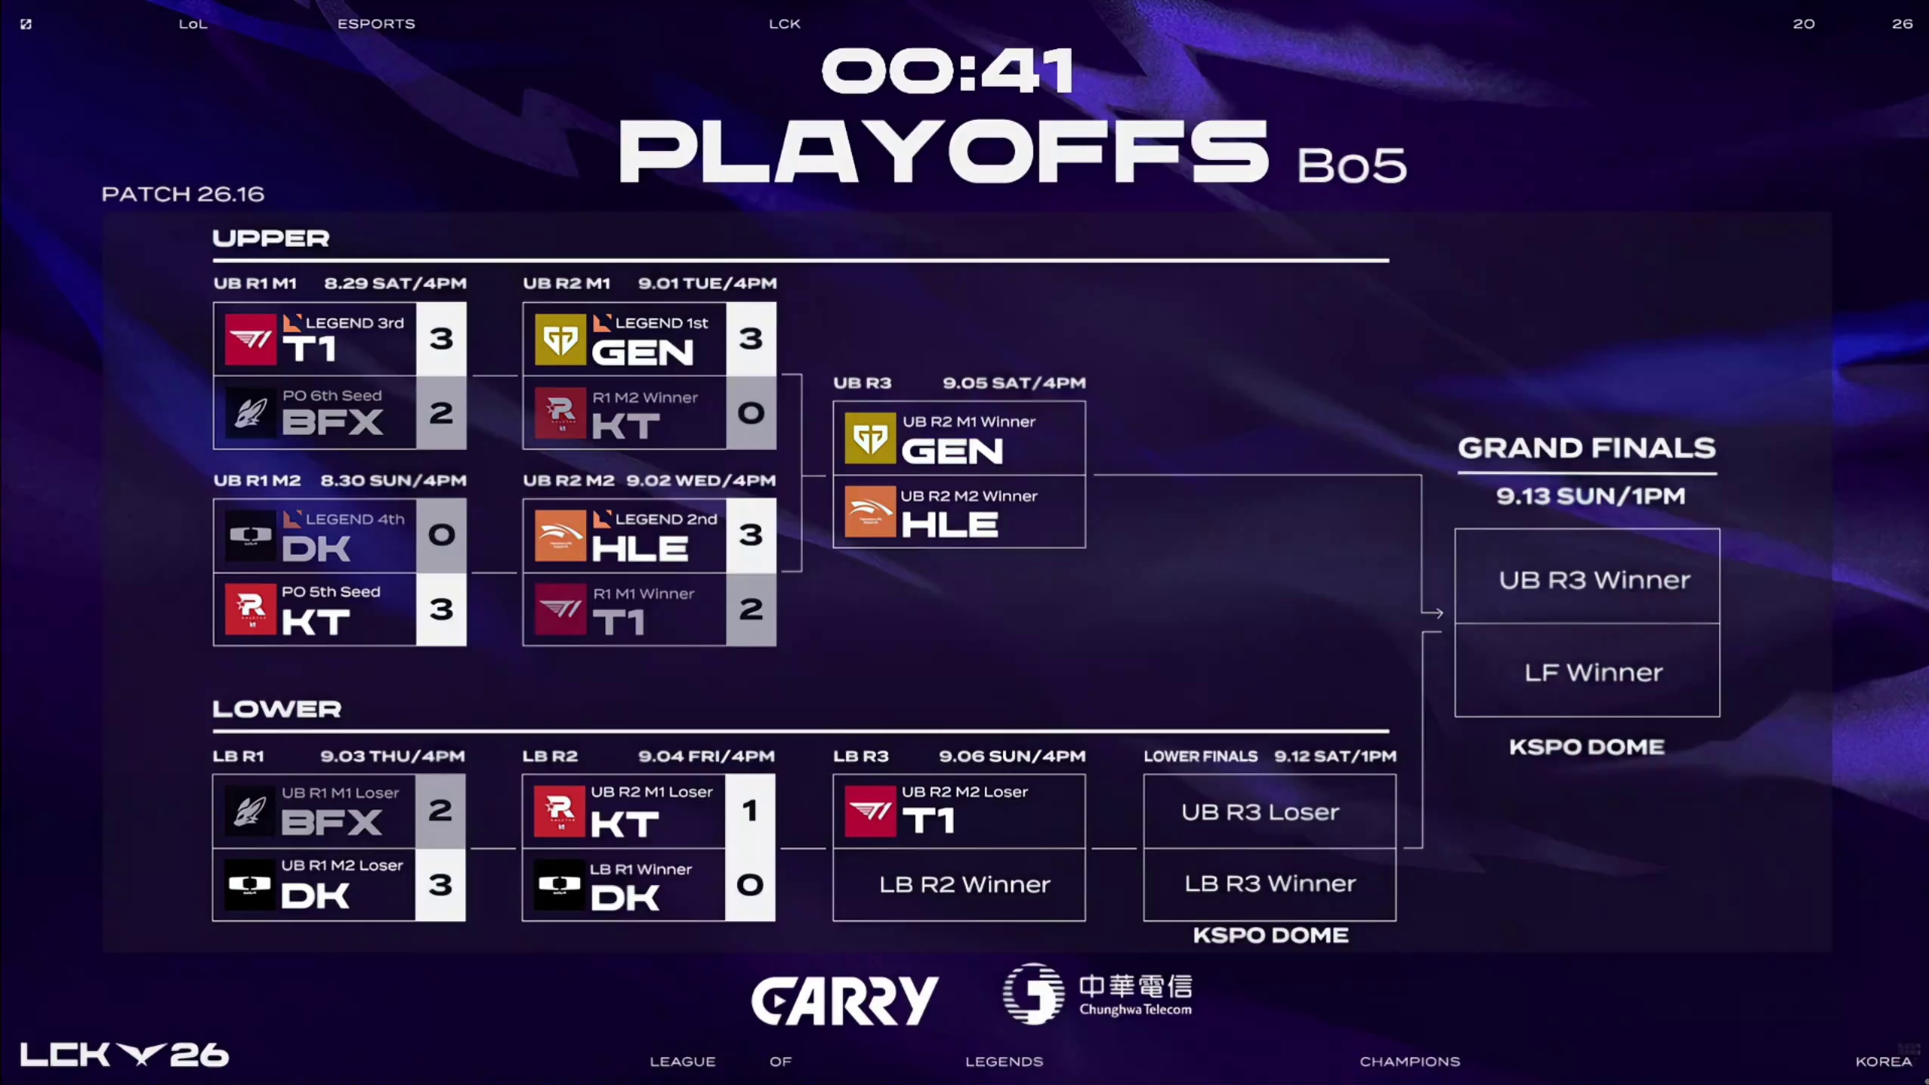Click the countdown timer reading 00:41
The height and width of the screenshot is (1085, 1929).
click(948, 71)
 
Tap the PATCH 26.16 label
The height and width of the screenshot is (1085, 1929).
click(183, 194)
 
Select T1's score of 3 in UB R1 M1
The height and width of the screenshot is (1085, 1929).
click(441, 339)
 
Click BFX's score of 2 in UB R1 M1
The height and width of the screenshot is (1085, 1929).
click(441, 413)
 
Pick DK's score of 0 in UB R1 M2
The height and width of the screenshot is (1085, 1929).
click(441, 535)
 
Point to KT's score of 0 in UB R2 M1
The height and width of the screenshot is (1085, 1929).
click(751, 413)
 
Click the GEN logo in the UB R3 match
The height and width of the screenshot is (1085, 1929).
click(870, 438)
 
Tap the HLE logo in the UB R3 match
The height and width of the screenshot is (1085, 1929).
click(870, 512)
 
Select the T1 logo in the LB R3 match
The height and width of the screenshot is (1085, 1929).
click(870, 812)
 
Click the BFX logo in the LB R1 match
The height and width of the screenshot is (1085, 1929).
click(250, 812)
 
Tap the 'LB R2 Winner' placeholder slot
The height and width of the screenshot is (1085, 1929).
click(964, 884)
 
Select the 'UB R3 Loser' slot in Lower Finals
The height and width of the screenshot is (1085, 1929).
click(1270, 812)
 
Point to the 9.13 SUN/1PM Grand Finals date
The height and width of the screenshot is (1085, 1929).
click(1591, 496)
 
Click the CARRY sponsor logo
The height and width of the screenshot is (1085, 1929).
click(844, 1000)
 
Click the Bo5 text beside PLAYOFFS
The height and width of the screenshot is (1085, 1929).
click(1352, 165)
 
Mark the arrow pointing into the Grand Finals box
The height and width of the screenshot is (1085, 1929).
click(1433, 612)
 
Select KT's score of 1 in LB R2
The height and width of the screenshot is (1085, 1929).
click(750, 811)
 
